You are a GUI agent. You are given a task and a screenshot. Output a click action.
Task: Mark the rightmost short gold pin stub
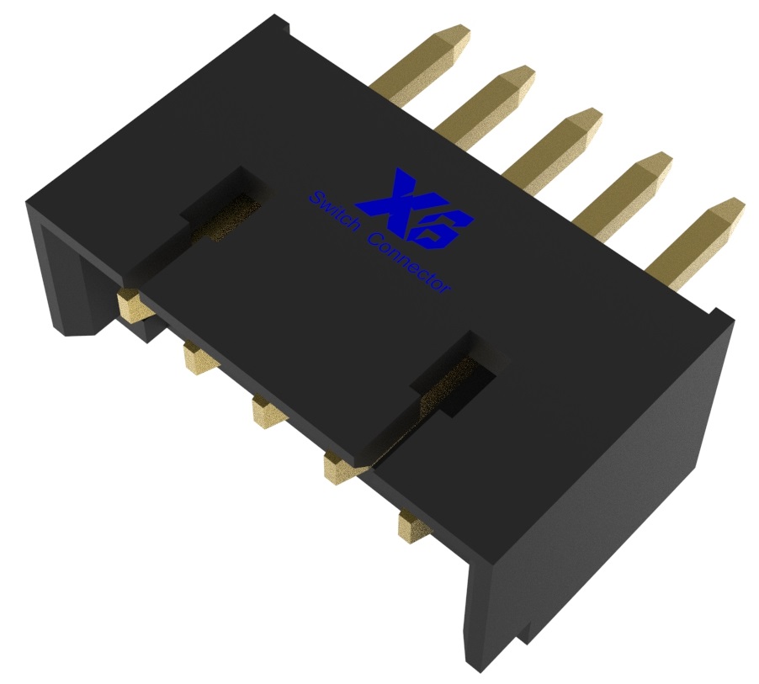pos(412,526)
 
